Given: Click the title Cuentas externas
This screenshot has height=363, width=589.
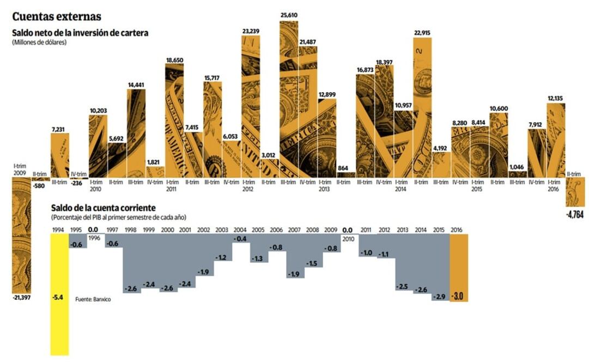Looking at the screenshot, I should point(57,17).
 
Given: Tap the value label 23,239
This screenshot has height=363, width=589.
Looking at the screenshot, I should point(251,31).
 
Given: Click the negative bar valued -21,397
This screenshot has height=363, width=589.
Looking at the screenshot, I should point(22,234).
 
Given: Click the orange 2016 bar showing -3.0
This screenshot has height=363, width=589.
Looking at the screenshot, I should point(459,267).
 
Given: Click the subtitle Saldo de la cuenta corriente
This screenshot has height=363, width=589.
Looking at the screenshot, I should point(104,208).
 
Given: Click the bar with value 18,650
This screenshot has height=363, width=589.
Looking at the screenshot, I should point(174,120).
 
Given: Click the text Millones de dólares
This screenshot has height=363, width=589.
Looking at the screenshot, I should point(39,42).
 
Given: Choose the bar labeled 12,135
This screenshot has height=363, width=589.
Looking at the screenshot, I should point(556,136).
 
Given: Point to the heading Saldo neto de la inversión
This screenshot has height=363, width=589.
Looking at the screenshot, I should point(80,33).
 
